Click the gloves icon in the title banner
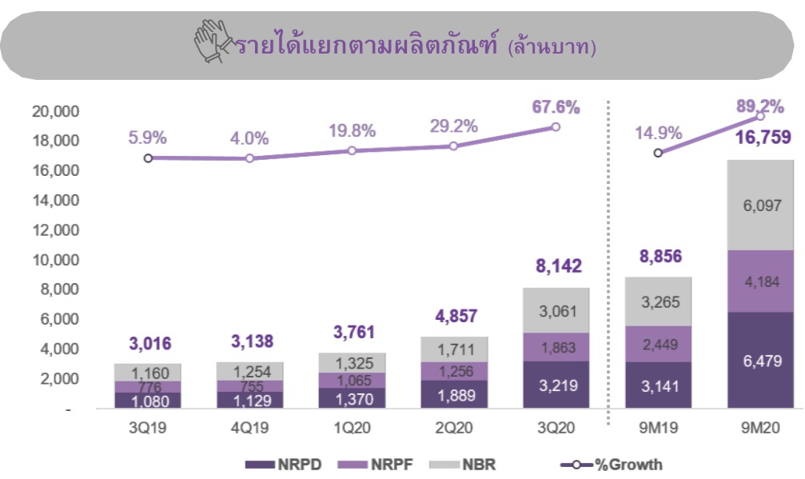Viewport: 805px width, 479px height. [x=212, y=43]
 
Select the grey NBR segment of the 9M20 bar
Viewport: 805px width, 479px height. [x=760, y=205]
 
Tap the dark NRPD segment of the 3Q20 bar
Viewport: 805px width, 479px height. [x=556, y=384]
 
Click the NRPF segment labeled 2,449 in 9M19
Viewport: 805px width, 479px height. [x=658, y=344]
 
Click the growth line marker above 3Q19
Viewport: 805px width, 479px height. [x=148, y=158]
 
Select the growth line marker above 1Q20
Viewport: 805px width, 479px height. [x=352, y=150]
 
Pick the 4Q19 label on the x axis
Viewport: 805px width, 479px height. [x=249, y=425]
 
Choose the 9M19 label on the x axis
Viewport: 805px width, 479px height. [x=658, y=425]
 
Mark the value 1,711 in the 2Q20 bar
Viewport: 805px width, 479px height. [x=453, y=349]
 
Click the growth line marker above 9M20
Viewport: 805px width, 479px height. [x=760, y=117]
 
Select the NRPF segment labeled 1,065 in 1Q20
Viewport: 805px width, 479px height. [x=352, y=380]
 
